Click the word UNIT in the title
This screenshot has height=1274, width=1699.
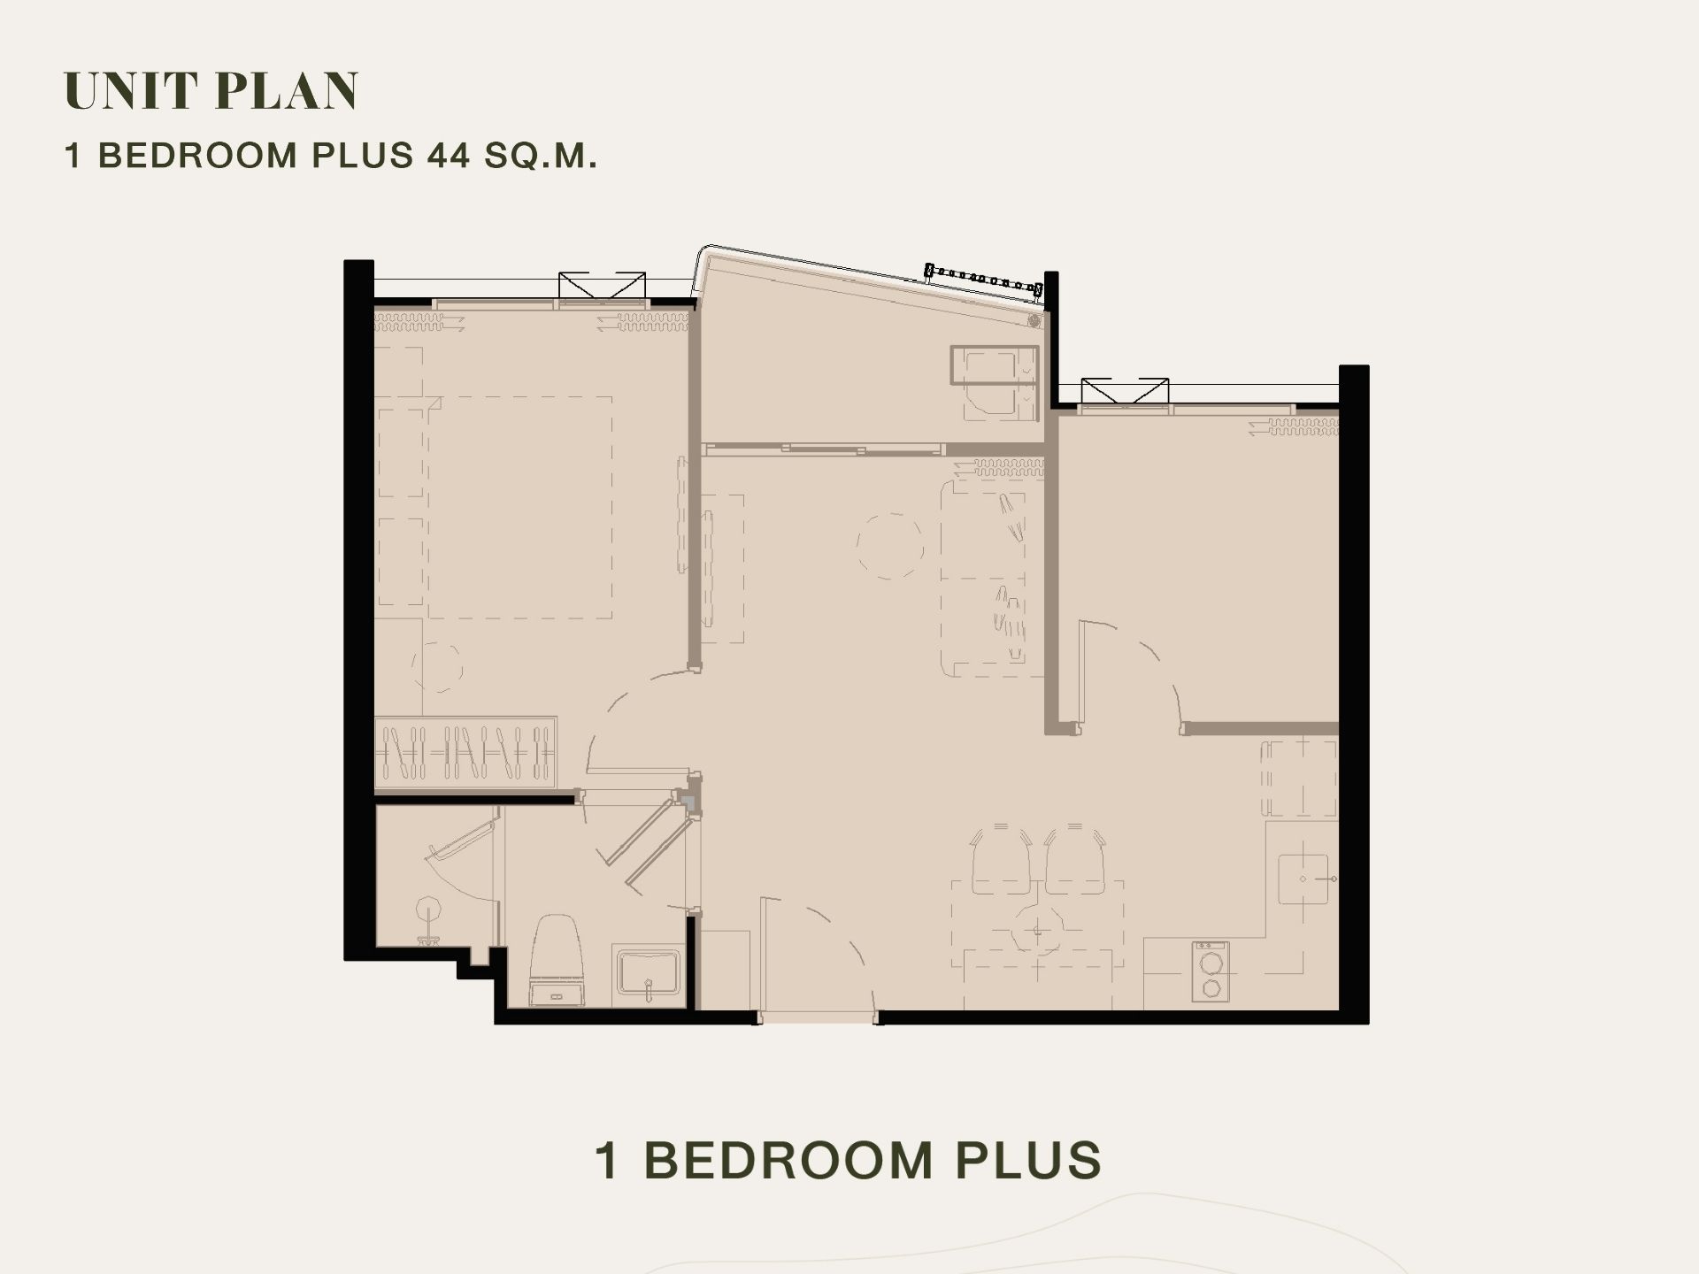[130, 90]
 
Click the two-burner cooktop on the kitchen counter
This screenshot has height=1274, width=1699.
[1210, 971]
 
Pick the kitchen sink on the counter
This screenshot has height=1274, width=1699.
[1303, 879]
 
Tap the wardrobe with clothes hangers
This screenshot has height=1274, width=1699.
[465, 752]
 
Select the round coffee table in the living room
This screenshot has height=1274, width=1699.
[890, 546]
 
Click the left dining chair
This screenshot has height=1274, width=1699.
[1002, 859]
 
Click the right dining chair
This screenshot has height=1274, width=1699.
[1075, 859]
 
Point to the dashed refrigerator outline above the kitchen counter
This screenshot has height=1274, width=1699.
[1299, 779]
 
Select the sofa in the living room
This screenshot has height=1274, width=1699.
[992, 578]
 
